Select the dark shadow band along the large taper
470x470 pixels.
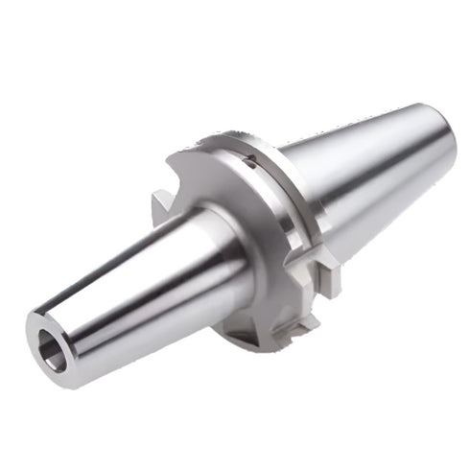point(384,192)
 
